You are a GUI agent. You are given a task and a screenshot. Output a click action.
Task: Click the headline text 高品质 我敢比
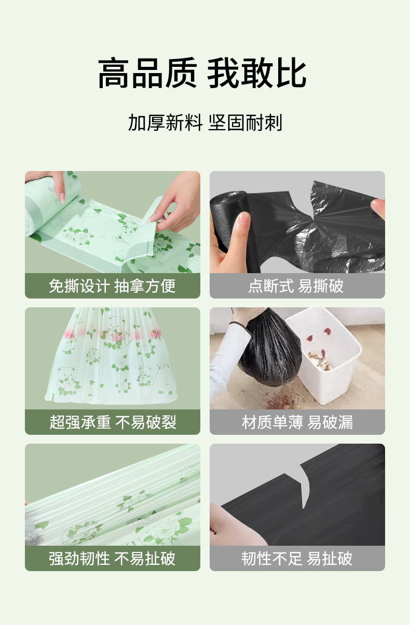coord(202,74)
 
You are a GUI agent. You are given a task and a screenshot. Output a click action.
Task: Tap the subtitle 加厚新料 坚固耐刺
coord(205,123)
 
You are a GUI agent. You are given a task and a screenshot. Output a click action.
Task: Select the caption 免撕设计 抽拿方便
coord(112,286)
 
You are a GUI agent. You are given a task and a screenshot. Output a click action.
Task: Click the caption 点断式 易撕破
coord(296,286)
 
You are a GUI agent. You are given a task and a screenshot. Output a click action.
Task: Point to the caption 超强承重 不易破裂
coord(112,422)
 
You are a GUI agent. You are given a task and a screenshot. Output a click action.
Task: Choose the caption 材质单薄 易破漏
coord(296,422)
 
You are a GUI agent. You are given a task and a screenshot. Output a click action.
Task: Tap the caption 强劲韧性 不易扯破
coord(112,558)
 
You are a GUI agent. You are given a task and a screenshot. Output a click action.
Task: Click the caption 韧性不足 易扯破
coord(296,558)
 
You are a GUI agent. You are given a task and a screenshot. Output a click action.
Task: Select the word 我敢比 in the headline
coord(257,74)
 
